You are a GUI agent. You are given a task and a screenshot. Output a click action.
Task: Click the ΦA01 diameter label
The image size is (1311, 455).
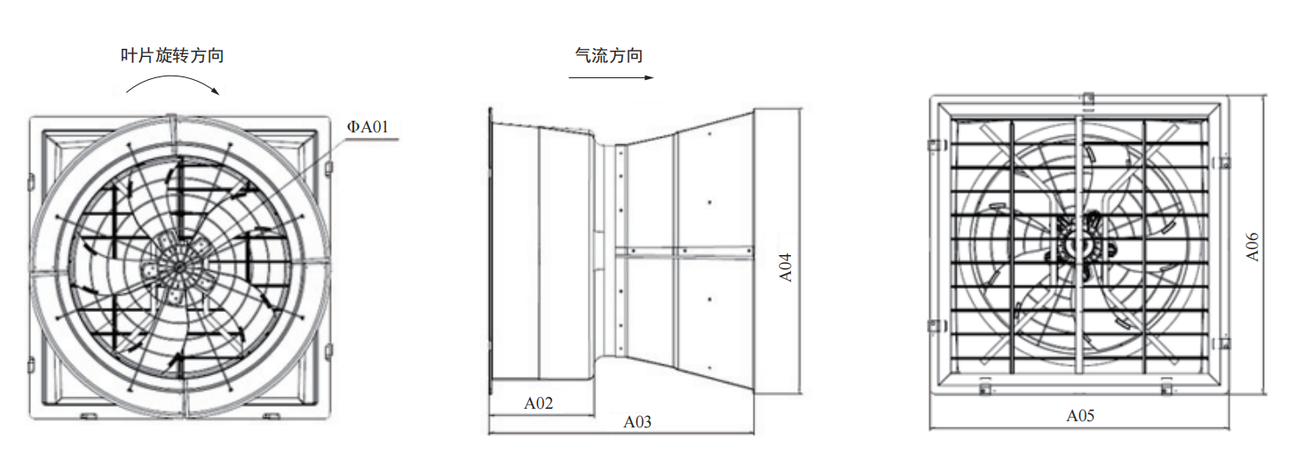coord(367,127)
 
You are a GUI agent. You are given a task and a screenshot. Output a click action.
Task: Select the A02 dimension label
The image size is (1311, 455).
coord(538,403)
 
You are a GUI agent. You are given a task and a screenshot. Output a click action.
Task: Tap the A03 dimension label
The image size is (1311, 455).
coord(637,422)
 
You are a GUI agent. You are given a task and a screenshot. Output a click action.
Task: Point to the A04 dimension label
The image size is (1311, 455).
coord(786,267)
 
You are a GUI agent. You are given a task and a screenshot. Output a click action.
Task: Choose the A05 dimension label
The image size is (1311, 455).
coord(1080,416)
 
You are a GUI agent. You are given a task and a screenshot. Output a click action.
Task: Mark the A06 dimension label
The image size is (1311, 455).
coord(1252,247)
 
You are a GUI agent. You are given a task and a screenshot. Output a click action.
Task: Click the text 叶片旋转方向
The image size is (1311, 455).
coord(172,56)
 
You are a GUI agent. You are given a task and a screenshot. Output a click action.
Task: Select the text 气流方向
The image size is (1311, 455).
coord(609,56)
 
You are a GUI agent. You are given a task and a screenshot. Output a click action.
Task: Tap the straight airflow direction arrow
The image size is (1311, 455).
coord(611,77)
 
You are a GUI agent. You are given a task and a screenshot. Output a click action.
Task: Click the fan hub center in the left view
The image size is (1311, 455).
coord(178,267)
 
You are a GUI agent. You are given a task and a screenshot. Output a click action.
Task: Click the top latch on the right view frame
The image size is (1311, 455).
coord(1088,100)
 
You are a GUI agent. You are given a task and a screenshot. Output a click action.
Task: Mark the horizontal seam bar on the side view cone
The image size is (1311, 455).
coord(684,252)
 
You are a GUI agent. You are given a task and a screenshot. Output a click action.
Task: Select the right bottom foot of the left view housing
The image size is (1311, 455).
coord(271,416)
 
